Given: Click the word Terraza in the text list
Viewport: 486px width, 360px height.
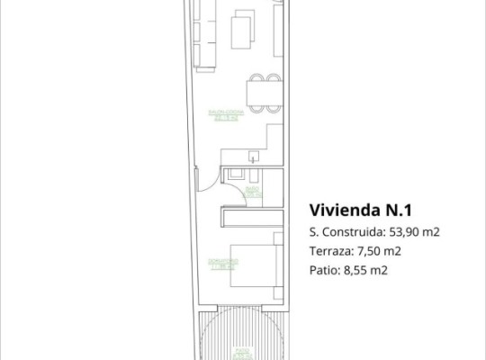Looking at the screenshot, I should pyautogui.click(x=329, y=251).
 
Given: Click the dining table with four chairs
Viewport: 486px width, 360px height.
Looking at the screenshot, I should pyautogui.click(x=261, y=93).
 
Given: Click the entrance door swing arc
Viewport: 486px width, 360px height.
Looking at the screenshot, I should pyautogui.click(x=208, y=177).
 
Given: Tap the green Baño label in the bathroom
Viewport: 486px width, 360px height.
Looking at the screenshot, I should pyautogui.click(x=252, y=191).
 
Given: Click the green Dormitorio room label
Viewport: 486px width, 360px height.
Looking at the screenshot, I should pyautogui.click(x=221, y=263).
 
